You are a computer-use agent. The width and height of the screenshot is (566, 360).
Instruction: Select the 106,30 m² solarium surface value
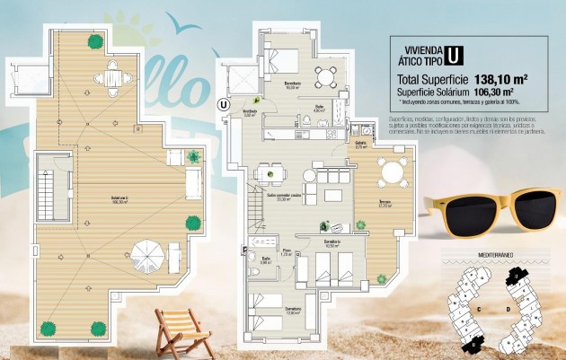pyautogui.click(x=497, y=91)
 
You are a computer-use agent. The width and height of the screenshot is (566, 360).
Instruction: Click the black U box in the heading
pyautogui.click(x=455, y=55)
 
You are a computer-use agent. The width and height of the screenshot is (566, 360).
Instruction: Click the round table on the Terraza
pyautogui.click(x=391, y=171)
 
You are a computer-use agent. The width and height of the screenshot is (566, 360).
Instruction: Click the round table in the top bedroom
pyautogui.click(x=329, y=74)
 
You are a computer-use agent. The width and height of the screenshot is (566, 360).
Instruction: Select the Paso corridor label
pyautogui.click(x=287, y=252)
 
